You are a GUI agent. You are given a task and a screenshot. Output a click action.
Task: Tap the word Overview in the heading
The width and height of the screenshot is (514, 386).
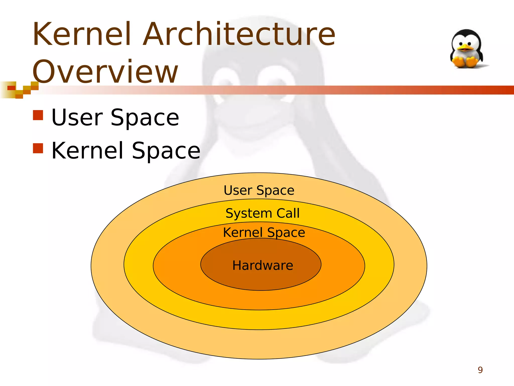[105, 71]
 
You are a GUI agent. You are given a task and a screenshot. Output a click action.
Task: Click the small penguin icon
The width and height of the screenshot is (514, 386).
[467, 49]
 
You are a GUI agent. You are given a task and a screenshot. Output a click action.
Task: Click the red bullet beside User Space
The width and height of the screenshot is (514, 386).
[38, 115]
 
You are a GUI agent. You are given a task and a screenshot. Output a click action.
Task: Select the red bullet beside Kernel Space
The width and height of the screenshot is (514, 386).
[38, 148]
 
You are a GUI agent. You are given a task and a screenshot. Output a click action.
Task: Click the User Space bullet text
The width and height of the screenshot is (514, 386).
[115, 117]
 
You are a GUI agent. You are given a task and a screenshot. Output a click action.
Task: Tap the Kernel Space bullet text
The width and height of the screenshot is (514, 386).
[126, 151]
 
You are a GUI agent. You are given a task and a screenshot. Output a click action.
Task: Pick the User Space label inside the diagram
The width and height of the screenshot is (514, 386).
[259, 190]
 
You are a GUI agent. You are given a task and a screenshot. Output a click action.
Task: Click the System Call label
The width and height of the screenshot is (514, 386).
[263, 213]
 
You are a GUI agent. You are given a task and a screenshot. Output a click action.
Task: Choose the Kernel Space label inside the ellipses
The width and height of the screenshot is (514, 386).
[264, 232]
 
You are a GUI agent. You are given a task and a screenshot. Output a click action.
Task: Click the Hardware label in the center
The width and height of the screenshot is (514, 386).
[263, 265]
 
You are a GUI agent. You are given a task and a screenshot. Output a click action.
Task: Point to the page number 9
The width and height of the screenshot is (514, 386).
[480, 370]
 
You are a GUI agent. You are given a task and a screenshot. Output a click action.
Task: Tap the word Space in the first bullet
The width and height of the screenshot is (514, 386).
[145, 117]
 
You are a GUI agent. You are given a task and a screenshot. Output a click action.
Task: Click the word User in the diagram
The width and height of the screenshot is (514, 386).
[238, 190]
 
